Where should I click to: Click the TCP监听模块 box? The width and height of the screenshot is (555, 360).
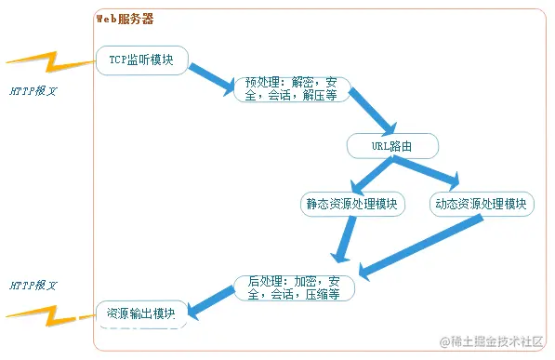click(x=142, y=60)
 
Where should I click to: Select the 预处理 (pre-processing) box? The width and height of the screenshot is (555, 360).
click(x=291, y=89)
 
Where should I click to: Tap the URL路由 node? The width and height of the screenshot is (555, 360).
click(x=392, y=146)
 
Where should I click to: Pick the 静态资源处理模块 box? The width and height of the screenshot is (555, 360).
click(x=352, y=204)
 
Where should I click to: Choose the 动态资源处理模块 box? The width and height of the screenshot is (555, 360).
click(x=482, y=204)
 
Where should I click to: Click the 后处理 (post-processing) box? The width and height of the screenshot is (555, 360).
click(x=295, y=287)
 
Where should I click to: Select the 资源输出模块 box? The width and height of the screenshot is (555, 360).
click(x=141, y=313)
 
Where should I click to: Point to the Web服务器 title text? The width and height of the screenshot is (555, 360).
click(x=126, y=19)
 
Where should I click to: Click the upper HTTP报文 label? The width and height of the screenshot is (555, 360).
click(x=33, y=92)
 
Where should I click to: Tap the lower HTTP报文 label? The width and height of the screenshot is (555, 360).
click(x=33, y=285)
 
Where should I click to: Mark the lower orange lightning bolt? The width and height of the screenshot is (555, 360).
click(x=51, y=316)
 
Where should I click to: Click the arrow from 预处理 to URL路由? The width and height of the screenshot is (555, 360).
click(x=371, y=113)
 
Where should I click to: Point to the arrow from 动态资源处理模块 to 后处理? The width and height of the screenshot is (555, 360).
click(x=423, y=247)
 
